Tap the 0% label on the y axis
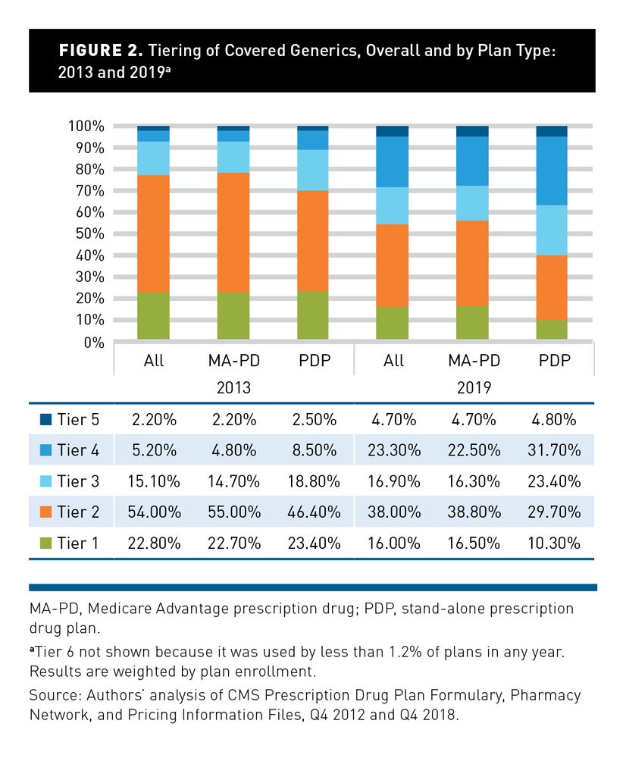point(94,343)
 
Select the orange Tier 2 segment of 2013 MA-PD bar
point(233,233)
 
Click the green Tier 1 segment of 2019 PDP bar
point(552,330)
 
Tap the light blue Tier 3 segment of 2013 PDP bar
point(313,170)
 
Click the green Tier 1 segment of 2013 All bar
point(154,317)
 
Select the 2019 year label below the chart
point(474,387)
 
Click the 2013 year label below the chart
point(233,387)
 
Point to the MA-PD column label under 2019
point(474,360)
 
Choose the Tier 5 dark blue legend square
point(45,418)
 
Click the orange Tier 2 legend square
point(45,512)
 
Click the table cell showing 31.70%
point(555,449)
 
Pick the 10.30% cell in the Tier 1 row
point(555,543)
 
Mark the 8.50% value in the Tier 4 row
point(314,449)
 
